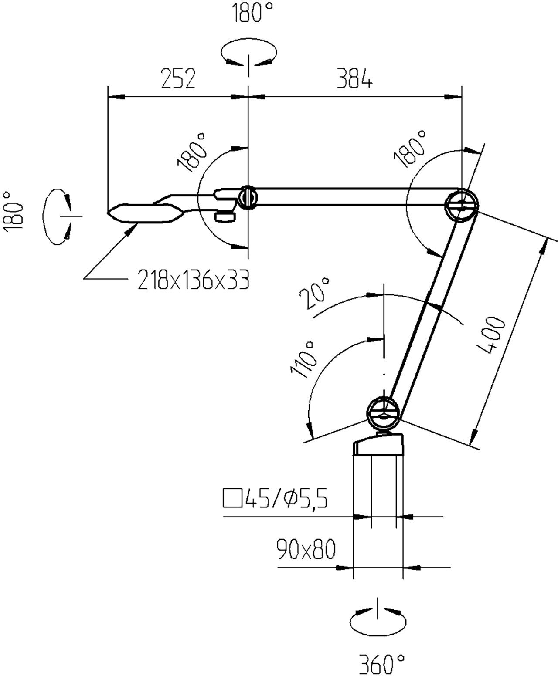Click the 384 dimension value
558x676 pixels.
coord(354,79)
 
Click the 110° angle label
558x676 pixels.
coord(304,359)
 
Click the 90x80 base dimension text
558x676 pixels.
coord(306,550)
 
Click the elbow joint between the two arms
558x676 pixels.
coord(461,205)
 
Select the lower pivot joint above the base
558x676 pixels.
coord(383,413)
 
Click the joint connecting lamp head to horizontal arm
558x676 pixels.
coord(248,197)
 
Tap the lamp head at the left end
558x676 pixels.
coord(144,213)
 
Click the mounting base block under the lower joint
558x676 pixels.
coord(378,445)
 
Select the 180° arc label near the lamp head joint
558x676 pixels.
coord(192,153)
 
